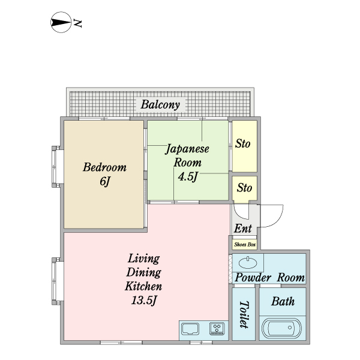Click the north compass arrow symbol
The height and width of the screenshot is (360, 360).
click(x=60, y=24)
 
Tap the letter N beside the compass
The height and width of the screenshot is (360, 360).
click(x=78, y=24)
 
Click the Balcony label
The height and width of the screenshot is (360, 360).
click(x=160, y=105)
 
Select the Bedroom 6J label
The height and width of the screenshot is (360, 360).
click(x=104, y=173)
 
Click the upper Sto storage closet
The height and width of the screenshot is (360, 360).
click(x=243, y=145)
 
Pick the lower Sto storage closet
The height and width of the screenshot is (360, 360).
click(x=244, y=188)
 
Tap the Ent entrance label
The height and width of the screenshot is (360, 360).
click(x=242, y=229)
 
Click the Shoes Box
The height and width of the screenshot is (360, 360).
click(x=245, y=244)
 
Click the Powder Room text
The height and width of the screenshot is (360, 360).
click(x=269, y=278)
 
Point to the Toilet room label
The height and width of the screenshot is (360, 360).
click(x=244, y=314)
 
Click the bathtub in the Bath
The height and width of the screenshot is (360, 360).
click(x=281, y=328)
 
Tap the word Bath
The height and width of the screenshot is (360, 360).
click(x=283, y=301)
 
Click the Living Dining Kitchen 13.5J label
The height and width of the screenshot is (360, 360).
click(x=144, y=280)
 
